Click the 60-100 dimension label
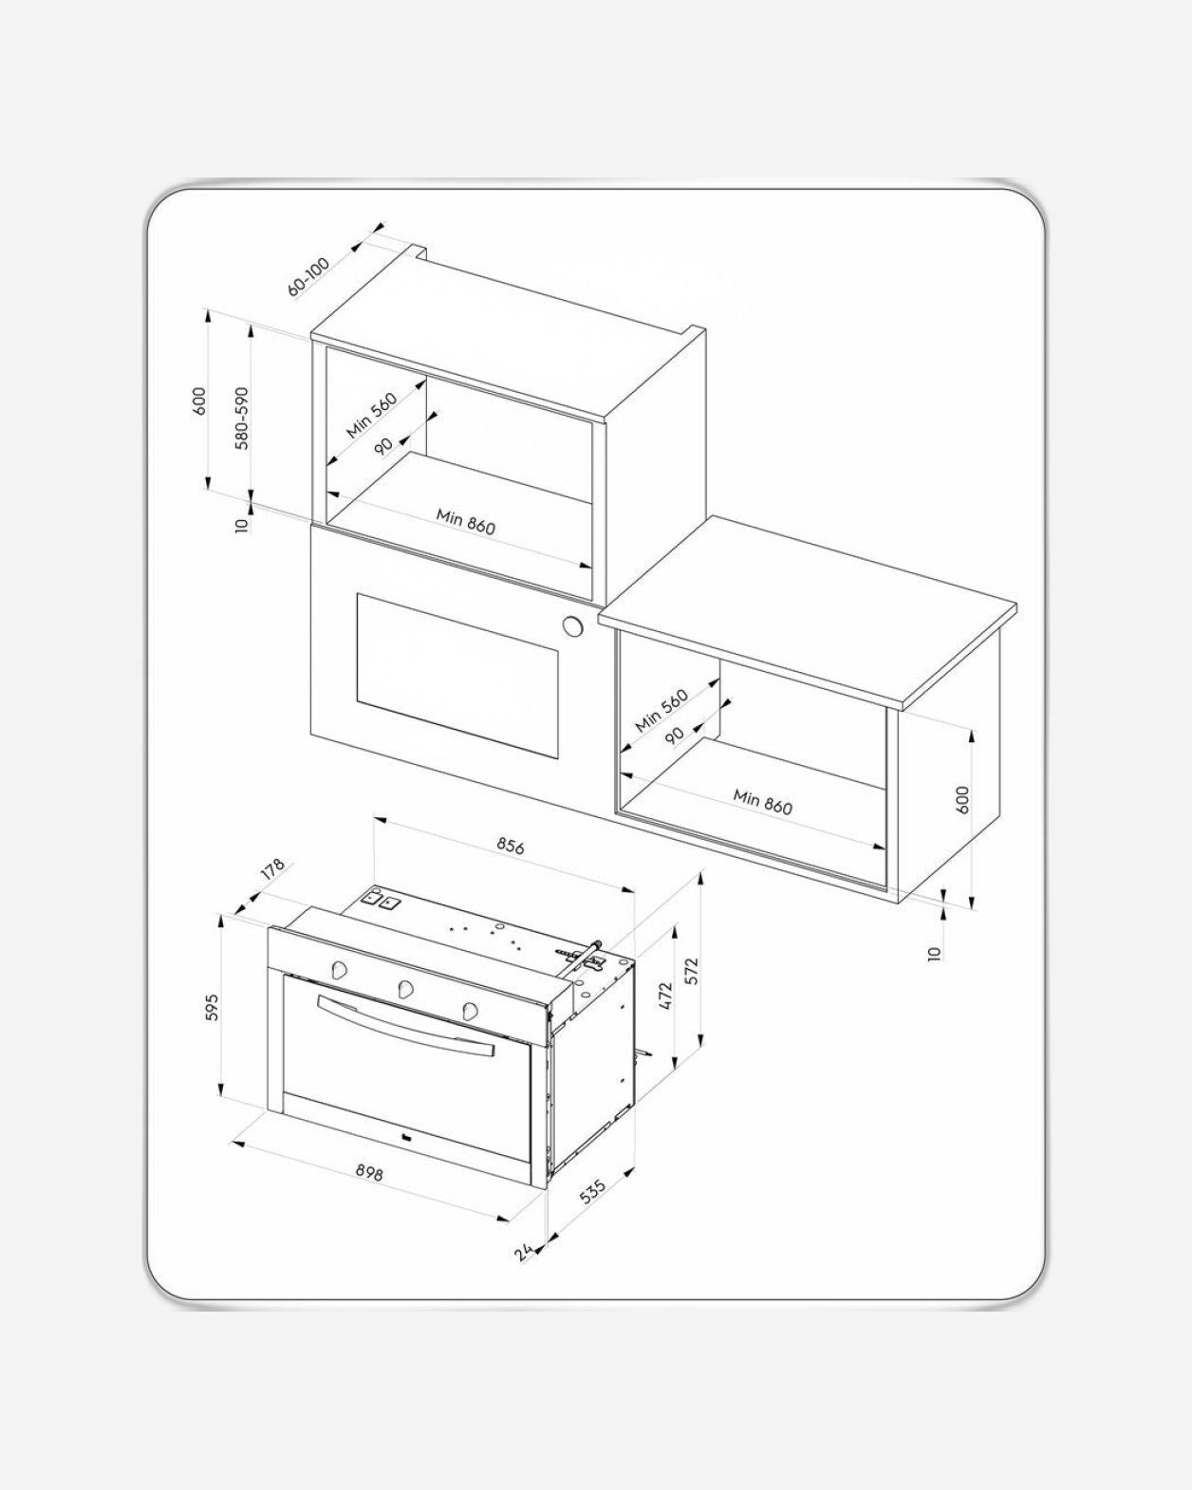tap(309, 277)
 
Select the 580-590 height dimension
tap(242, 419)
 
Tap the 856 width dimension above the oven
tap(511, 847)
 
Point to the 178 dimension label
tap(272, 869)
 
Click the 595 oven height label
tap(212, 1008)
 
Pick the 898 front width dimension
tap(369, 1171)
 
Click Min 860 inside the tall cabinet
tap(466, 522)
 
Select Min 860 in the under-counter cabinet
tap(763, 802)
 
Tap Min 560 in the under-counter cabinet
tap(661, 711)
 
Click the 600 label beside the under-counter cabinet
tap(962, 800)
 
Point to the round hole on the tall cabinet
tap(573, 626)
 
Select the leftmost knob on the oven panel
tap(339, 969)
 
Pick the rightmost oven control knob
tap(471, 1010)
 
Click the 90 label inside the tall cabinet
tap(383, 446)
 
